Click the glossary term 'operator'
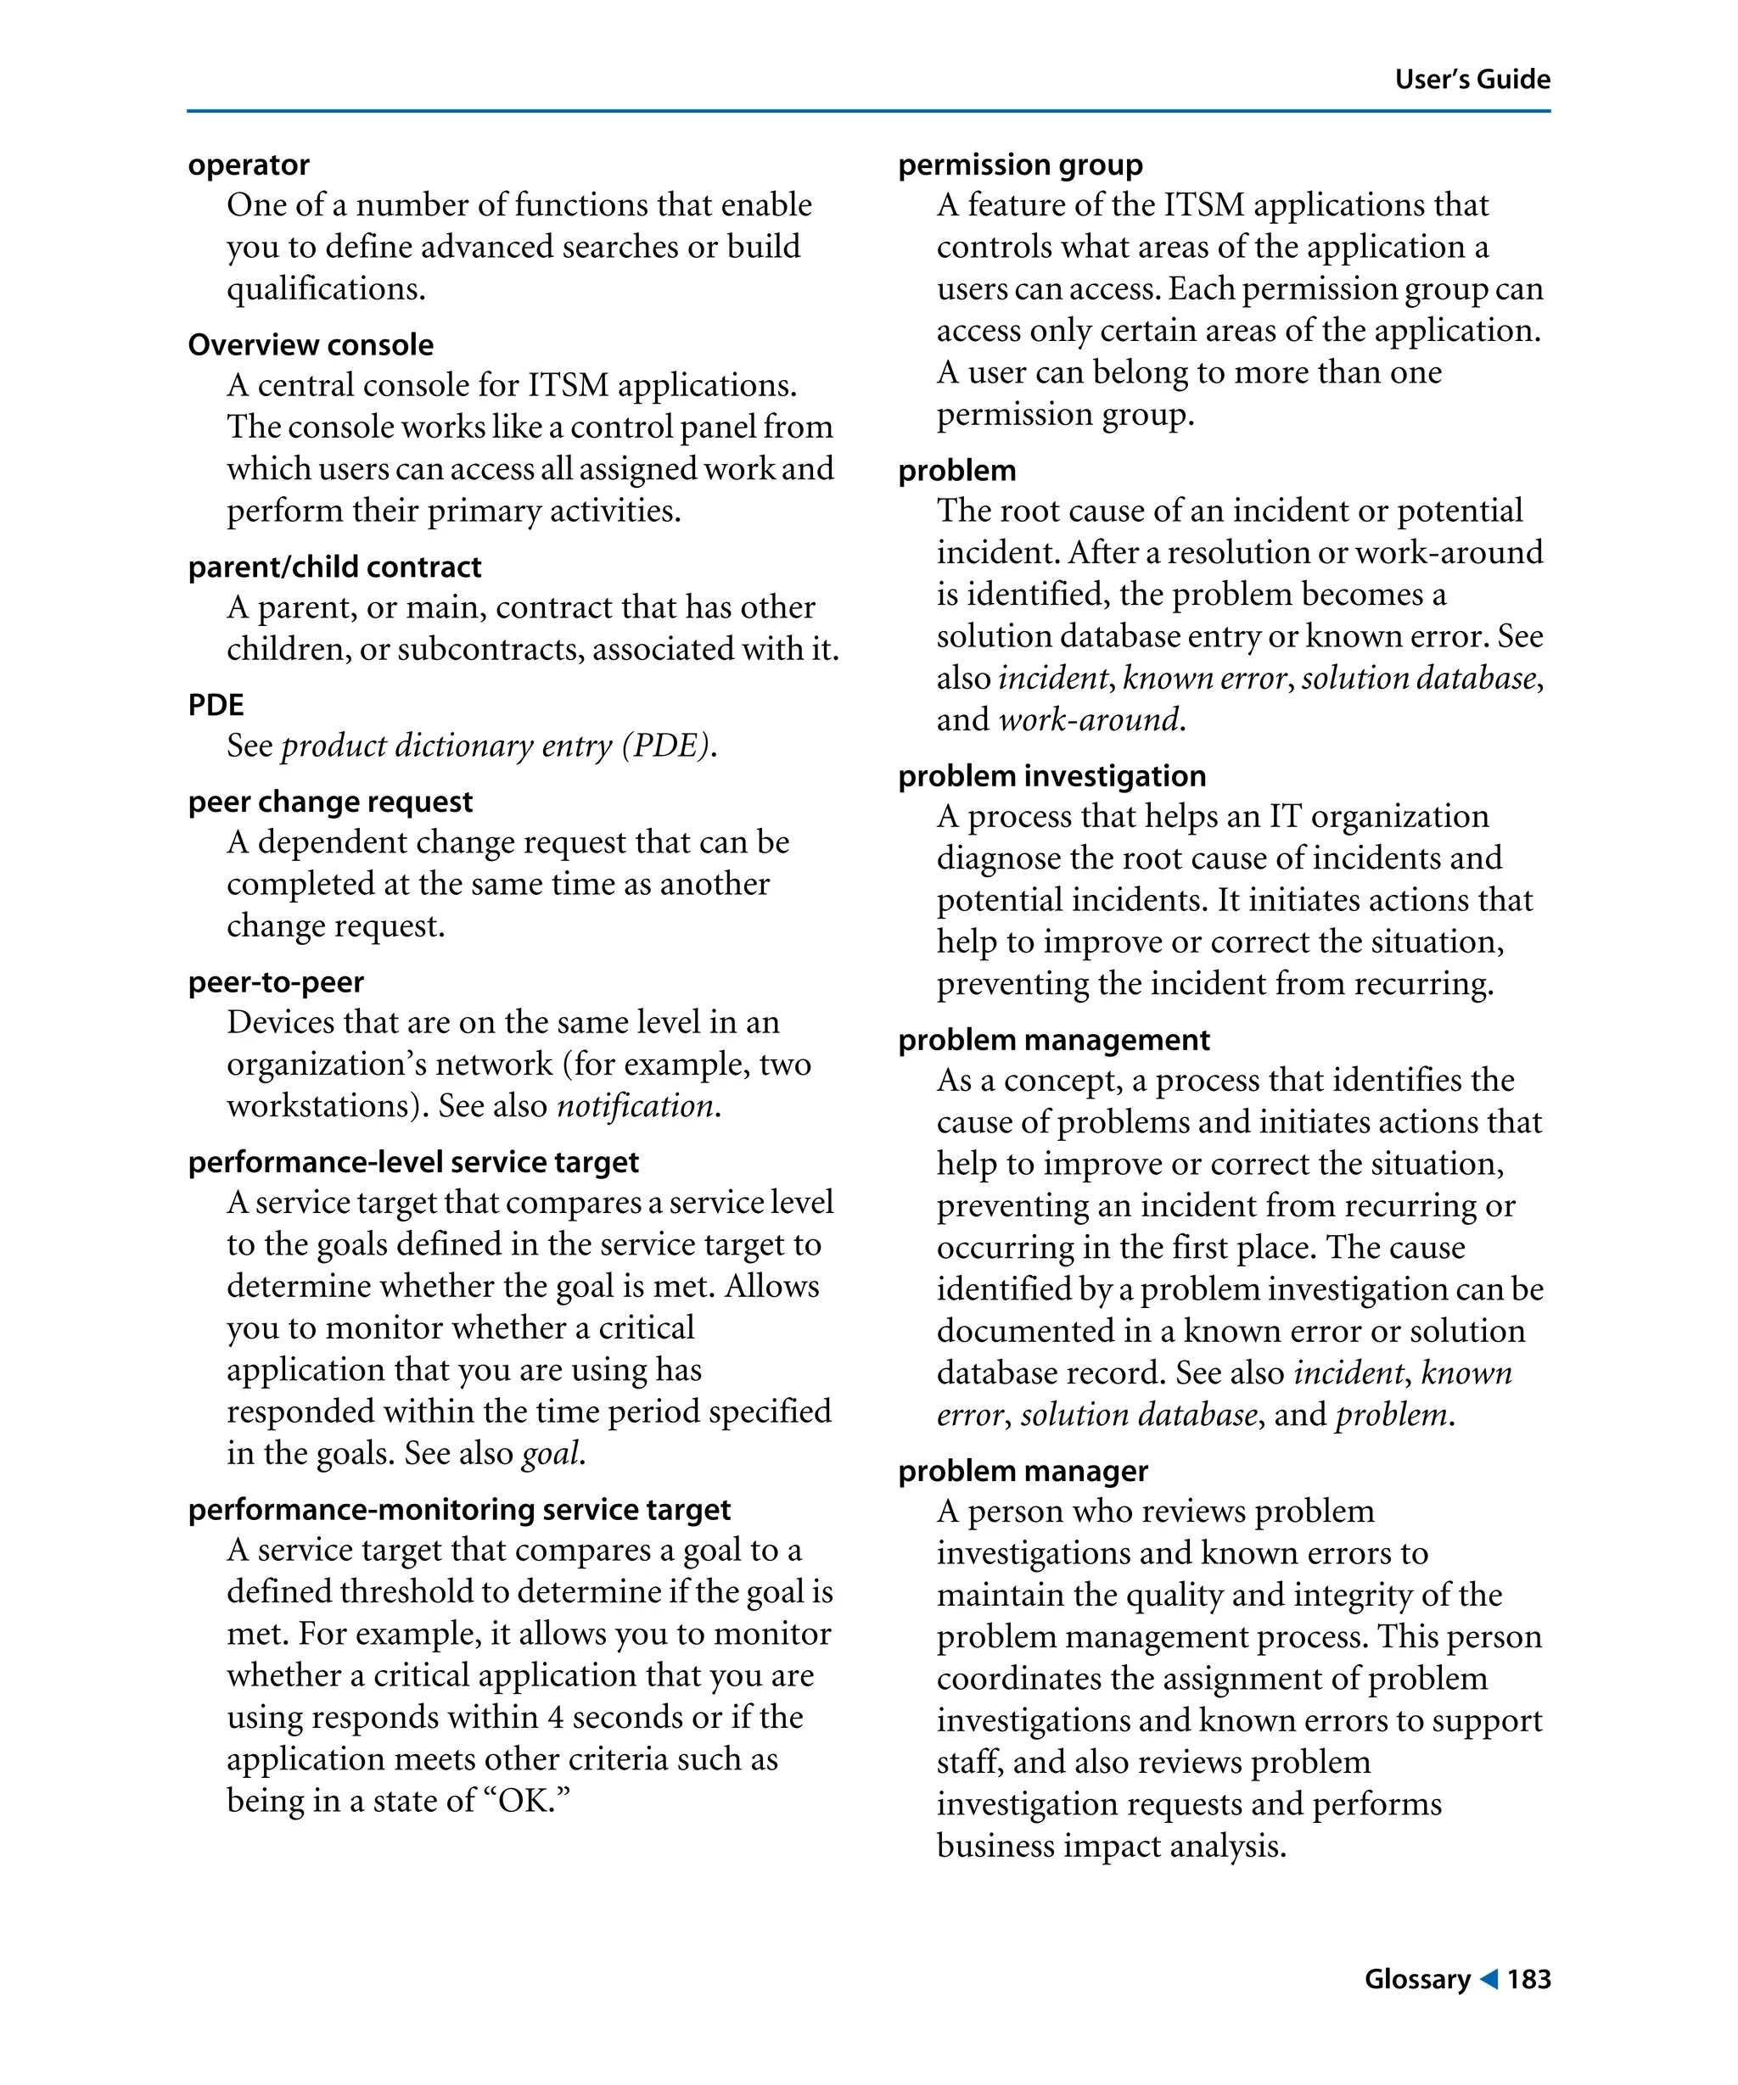pos(249,165)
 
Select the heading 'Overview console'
pos(310,344)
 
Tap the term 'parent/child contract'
pos(334,567)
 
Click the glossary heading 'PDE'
pos(216,705)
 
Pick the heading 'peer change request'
pos(330,802)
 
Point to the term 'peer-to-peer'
pos(275,982)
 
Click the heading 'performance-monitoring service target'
pos(459,1509)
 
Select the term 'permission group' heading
pos(1020,165)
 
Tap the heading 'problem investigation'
pos(1051,775)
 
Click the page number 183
pos(1528,1979)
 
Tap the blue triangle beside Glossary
pos(1488,1979)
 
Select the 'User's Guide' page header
pos(1472,80)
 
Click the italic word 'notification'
pos(635,1105)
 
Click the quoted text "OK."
pos(526,1800)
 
